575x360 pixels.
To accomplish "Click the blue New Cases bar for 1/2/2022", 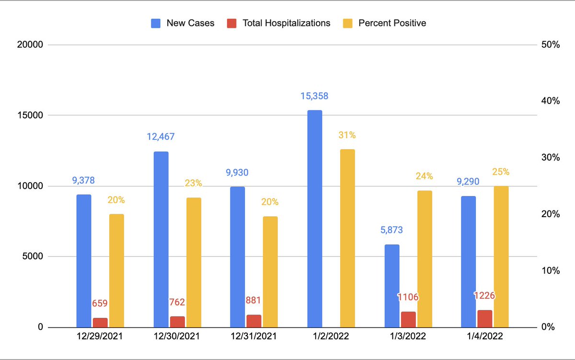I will click(314, 219).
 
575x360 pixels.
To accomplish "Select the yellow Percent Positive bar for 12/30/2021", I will click(194, 262).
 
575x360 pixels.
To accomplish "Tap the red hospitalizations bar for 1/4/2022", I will click(484, 319).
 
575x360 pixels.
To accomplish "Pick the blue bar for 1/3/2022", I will click(391, 286).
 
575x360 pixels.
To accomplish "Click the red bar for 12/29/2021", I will click(100, 322).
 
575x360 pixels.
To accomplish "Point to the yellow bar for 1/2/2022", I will click(347, 238).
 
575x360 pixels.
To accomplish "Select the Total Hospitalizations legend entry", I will click(279, 23).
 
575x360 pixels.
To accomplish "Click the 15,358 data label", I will click(314, 96).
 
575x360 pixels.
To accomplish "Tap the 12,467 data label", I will click(161, 137).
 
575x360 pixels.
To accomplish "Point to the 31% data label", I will click(347, 135).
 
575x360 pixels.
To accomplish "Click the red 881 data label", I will click(254, 302).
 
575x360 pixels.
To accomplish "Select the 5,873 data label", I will click(391, 230).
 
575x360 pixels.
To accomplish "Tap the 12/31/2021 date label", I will click(254, 337).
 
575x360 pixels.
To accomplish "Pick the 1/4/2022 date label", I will click(484, 337).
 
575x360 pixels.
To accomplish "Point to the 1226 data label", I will click(484, 295).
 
